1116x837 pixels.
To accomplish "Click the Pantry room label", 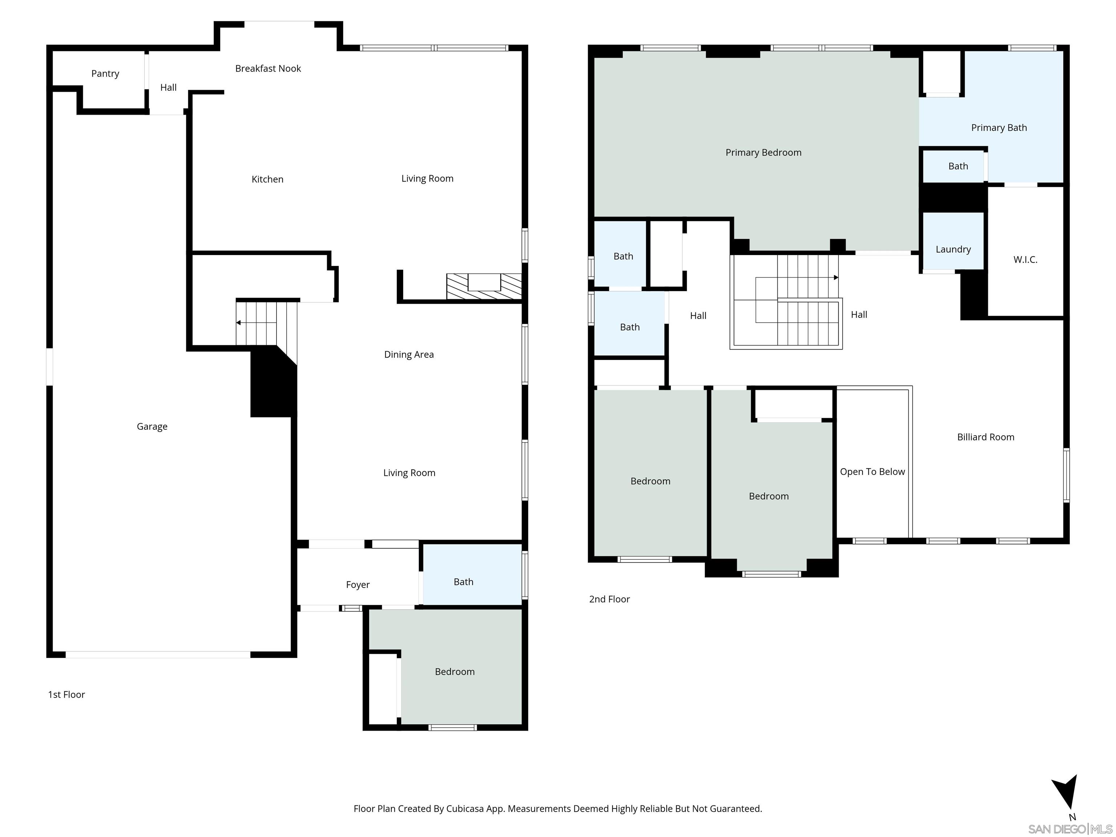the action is coord(105,74).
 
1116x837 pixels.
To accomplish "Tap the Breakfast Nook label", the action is coord(268,69).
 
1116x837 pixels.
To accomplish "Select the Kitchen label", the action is coord(267,179).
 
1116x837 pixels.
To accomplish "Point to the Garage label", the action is coord(152,427).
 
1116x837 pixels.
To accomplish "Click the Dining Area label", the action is coord(409,355).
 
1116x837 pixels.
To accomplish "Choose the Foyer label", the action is coord(358,585).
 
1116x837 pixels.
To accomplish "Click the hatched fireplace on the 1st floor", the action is coord(484,287).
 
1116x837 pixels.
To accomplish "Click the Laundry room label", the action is coord(953,250).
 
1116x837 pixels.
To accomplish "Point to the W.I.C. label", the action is coord(1025,260).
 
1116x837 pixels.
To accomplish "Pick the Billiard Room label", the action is coord(985,437).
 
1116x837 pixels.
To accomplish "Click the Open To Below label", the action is coord(872,472).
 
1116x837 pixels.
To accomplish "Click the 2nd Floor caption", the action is coord(610,599).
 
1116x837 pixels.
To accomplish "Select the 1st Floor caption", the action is coord(66,695).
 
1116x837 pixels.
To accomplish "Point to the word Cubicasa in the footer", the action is coord(465,809).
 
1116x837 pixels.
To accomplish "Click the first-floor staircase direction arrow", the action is coord(256,322).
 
